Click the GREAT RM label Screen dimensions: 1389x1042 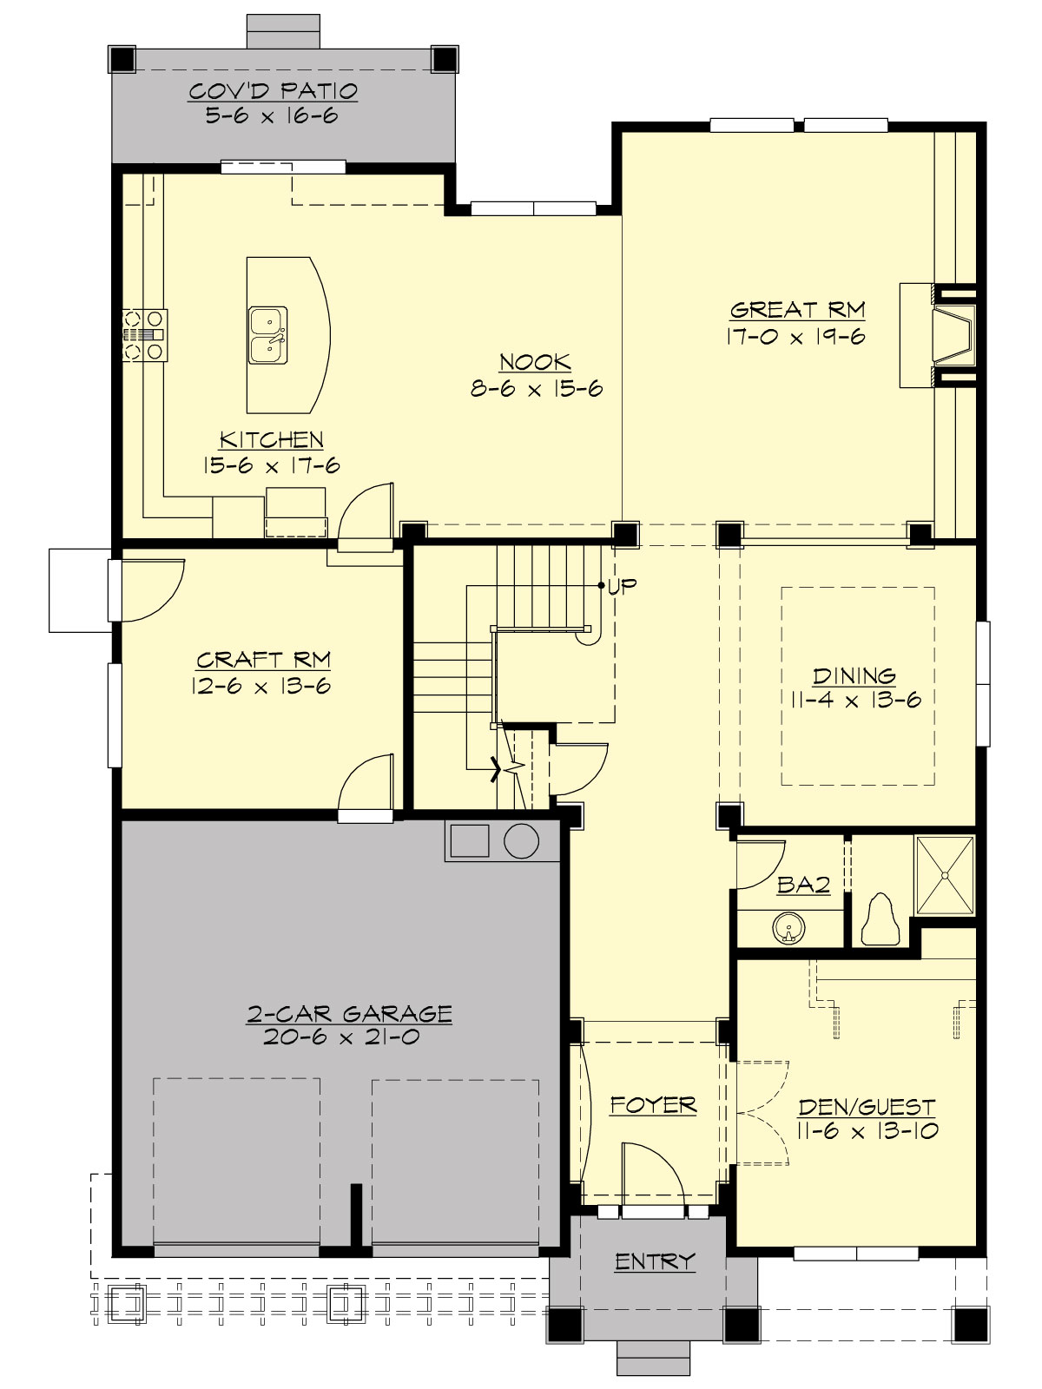797,310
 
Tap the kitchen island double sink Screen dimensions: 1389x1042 268,335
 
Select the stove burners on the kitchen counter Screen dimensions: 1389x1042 144,334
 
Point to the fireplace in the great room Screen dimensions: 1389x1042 953,334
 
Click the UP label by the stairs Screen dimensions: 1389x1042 622,585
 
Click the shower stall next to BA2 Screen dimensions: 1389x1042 945,875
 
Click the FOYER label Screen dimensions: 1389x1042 653,1105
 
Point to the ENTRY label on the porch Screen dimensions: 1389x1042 655,1261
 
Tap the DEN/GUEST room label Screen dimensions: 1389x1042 867,1107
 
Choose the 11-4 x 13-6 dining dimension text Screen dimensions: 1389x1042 855,701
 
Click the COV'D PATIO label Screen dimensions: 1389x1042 273,91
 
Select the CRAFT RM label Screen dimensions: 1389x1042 263,660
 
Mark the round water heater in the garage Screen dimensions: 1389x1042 521,841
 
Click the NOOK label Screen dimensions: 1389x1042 535,362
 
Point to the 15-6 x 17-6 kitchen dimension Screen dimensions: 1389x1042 271,465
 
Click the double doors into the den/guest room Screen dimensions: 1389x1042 762,1112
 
